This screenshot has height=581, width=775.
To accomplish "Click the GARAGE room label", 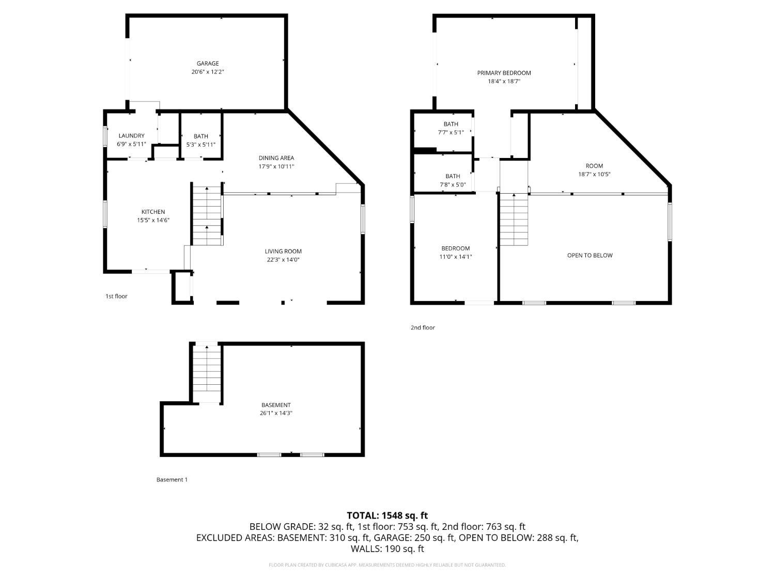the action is pos(208,64).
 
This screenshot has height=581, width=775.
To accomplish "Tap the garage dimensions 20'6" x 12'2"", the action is pos(208,72).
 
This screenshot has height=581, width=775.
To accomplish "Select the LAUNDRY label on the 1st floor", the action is pos(131,136).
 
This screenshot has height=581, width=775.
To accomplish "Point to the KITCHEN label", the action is pos(153,212).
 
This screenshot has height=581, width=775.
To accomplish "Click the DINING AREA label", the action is pos(276,158).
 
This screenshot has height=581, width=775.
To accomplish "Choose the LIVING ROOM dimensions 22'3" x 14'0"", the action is pos(283,260).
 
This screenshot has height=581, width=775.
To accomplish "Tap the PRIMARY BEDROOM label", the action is pos(504,73).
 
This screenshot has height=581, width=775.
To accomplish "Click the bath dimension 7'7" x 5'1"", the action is pos(451,132).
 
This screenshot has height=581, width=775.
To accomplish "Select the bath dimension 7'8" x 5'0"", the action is pos(453,184).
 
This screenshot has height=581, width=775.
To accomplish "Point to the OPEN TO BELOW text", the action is pos(590,256).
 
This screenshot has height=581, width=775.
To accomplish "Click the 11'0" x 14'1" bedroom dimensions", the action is pos(456,257).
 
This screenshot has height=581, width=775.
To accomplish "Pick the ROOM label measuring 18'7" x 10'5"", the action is pos(594,166).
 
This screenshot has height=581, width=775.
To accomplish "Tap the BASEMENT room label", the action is pos(276,405).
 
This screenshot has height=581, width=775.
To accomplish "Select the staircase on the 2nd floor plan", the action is pos(514,219).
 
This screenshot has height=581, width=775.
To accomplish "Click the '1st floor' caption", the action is pos(116,296).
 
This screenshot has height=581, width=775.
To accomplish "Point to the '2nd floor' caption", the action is pos(423,328).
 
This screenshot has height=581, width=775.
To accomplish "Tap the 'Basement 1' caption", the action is pos(172,480).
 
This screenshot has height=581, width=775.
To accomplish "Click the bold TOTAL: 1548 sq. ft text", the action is pos(388,516).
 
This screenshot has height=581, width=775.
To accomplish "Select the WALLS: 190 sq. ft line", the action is pos(388,549).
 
